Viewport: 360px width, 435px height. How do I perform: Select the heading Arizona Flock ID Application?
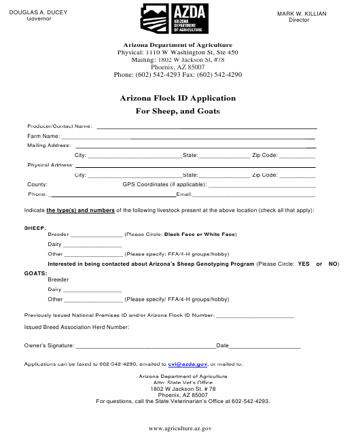178,98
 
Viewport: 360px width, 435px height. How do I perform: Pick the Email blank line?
255,195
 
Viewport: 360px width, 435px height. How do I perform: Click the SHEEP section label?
35,228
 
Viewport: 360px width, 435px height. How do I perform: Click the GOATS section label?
36,273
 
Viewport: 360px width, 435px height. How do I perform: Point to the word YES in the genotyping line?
304,264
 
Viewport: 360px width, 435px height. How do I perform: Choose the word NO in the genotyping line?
334,264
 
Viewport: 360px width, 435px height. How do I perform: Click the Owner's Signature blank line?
145,347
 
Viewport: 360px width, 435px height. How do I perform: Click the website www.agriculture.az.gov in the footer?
180,429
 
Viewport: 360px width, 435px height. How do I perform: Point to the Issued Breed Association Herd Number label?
77,327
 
